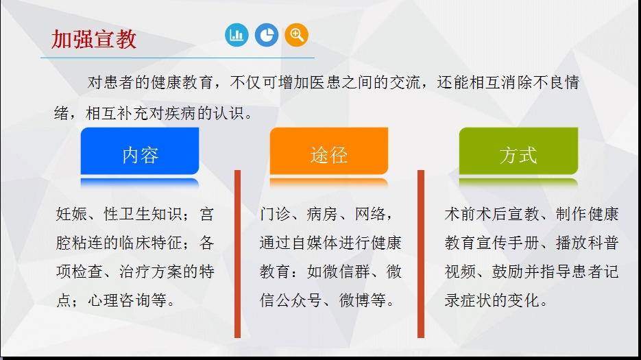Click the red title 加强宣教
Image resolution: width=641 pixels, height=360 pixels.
coord(94,39)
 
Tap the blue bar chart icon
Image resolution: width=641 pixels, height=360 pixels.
coord(237,35)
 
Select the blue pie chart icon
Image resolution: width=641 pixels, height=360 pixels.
coord(267,35)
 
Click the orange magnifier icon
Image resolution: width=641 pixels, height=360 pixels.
coord(296,35)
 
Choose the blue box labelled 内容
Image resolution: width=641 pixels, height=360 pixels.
coord(140,151)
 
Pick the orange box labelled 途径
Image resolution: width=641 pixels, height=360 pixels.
coord(329,151)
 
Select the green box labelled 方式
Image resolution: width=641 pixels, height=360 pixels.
coord(518,151)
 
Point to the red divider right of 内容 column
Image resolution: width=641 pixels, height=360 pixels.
coord(237,254)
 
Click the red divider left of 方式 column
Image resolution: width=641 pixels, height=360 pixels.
coord(421,254)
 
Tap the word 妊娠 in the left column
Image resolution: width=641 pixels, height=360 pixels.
coord(71,214)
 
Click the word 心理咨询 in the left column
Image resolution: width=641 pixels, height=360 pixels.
coord(119,300)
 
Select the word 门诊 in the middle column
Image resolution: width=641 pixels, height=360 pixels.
coord(275,214)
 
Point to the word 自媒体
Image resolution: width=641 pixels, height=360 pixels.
coord(315,243)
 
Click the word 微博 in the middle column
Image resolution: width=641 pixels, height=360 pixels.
coord(354,300)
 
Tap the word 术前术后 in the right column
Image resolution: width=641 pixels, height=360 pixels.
coord(476,214)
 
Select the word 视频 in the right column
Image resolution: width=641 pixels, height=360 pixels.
coord(460,272)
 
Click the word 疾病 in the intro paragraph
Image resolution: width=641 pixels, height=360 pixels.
coord(181,113)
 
